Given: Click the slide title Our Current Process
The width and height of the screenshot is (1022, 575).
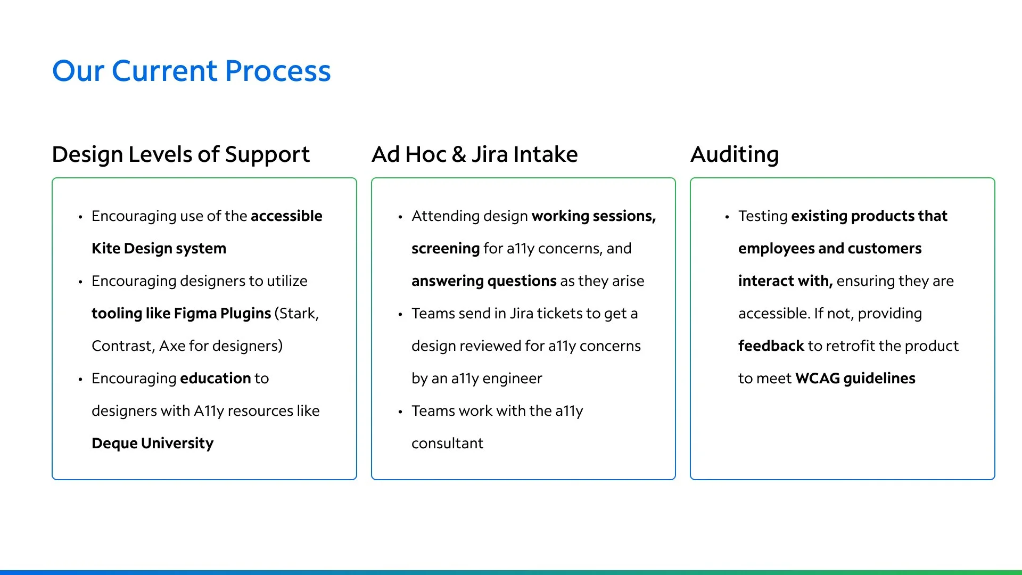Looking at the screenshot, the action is (192, 71).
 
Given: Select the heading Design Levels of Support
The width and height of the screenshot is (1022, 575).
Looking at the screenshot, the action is (181, 154).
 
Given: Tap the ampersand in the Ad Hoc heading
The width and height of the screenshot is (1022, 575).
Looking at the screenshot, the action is (459, 154).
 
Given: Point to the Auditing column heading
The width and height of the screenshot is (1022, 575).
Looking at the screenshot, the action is (735, 154).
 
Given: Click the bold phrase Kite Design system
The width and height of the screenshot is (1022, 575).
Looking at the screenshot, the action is (159, 249).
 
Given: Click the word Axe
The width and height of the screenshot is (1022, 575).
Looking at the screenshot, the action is (172, 346).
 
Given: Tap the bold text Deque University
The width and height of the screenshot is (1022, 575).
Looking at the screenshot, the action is (152, 443).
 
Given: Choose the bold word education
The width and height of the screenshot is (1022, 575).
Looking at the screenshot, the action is (216, 379).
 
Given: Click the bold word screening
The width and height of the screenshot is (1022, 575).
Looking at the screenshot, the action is (446, 249).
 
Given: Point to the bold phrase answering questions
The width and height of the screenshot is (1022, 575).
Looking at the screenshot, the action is (484, 281).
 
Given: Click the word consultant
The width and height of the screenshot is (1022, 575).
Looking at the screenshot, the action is (447, 443).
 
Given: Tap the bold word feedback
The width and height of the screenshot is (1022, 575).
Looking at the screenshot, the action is (771, 346).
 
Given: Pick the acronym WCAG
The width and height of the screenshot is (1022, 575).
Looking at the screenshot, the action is (818, 379).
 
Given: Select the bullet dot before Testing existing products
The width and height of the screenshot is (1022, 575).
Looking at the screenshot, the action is (727, 217).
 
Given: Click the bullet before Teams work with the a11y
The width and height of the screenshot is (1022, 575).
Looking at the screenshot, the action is (400, 412).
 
